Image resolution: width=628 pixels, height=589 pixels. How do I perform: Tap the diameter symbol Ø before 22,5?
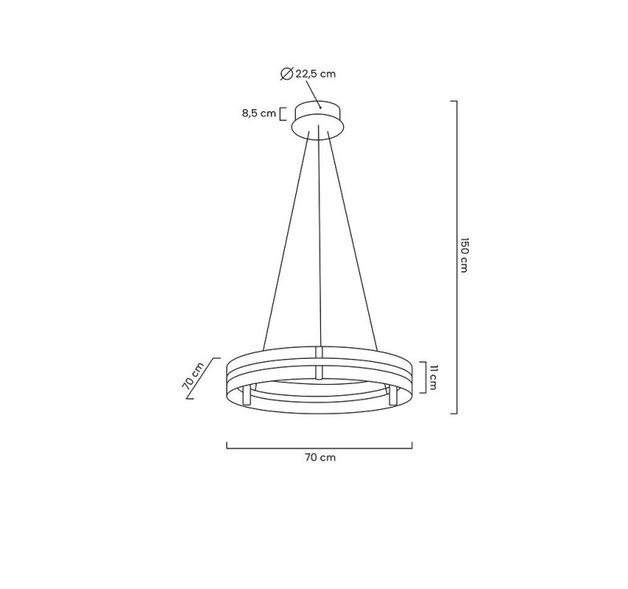287,74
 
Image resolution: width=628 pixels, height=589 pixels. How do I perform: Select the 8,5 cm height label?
258,113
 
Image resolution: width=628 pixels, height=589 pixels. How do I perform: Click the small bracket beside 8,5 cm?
283,113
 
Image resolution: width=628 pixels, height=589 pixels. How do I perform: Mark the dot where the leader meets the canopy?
320,108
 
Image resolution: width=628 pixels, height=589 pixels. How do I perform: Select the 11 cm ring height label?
432,376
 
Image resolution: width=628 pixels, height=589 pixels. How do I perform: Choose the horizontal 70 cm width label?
319,458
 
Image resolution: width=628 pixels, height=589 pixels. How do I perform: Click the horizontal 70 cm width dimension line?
319,448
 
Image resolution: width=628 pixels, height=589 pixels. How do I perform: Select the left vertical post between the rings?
250,395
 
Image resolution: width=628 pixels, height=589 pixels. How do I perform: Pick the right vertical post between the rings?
387,395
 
